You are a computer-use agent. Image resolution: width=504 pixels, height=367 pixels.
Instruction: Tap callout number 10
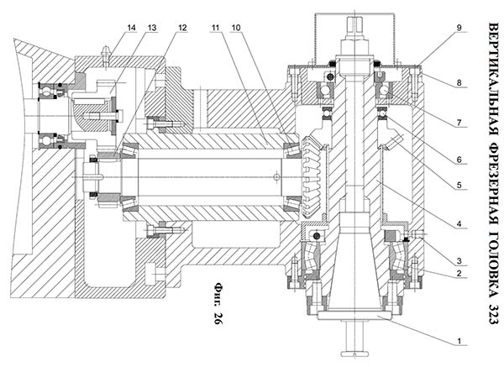coord(237,29)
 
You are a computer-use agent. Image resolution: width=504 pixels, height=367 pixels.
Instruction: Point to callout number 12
coord(182,29)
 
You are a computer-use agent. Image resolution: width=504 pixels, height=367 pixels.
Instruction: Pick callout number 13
coord(151,29)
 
